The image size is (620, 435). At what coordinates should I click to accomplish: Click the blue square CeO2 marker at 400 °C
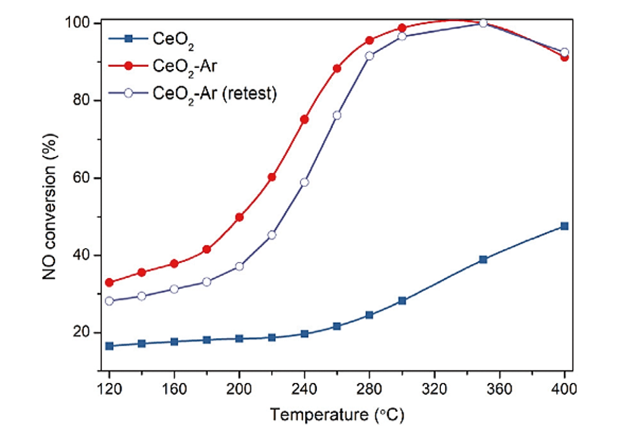point(564,226)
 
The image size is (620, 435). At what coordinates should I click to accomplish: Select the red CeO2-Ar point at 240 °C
point(304,119)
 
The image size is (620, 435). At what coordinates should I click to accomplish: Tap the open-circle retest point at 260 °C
point(337,115)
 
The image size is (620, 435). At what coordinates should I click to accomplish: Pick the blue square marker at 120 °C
point(110,346)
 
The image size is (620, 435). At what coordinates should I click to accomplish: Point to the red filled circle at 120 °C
point(110,282)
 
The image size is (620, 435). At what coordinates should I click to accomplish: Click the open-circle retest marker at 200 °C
point(239,266)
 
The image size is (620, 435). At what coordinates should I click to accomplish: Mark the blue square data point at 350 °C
point(483,259)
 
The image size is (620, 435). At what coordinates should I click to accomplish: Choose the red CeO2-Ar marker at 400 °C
point(564,57)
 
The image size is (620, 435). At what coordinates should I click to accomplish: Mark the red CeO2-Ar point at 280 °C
point(369,40)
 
